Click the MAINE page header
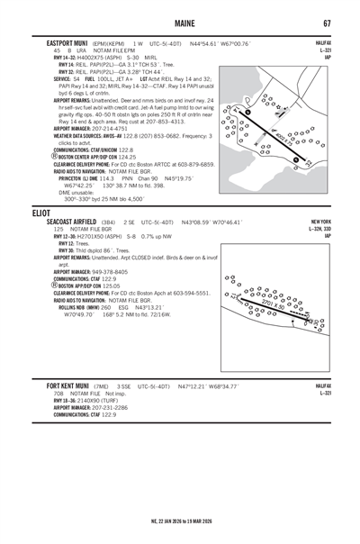coord(179,22)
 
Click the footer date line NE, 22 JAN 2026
coord(179,521)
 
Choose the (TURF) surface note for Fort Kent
coord(114,400)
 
